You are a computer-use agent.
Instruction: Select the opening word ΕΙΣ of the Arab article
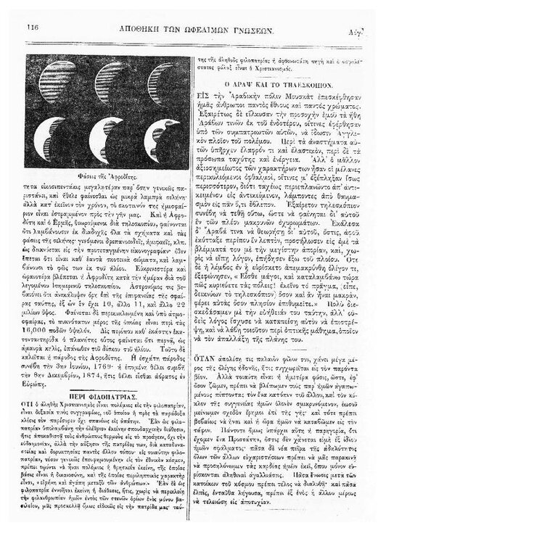point(205,96)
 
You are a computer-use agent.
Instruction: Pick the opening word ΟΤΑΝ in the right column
point(210,338)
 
